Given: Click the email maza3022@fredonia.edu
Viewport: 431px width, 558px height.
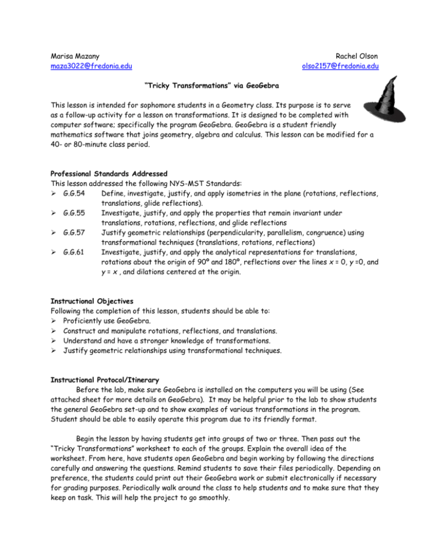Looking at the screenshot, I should coord(83,67).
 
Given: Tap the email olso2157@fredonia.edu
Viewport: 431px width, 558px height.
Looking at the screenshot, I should coord(340,67).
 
